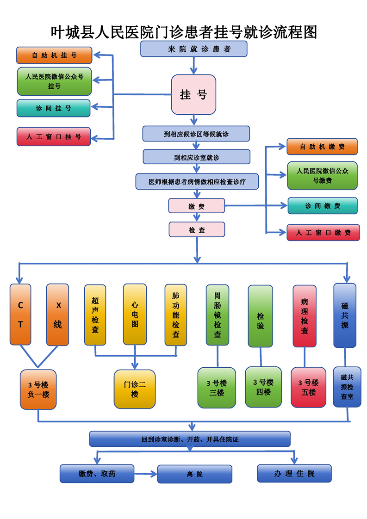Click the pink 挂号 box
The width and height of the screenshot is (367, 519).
[193, 94]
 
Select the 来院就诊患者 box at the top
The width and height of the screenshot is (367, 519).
[193, 49]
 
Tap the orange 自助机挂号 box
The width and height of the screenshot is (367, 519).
[54, 55]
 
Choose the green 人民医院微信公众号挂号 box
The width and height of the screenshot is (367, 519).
[54, 81]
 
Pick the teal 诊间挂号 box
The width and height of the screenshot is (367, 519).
[54, 108]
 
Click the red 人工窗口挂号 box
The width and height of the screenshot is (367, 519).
[54, 136]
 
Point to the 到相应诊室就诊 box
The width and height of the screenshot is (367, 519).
[196, 157]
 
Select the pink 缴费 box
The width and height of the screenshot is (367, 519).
[196, 206]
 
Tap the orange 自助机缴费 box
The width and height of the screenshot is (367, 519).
[322, 147]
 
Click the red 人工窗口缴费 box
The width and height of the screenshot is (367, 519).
[323, 232]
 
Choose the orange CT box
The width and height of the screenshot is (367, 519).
[20, 315]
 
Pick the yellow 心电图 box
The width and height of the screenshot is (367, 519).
[135, 315]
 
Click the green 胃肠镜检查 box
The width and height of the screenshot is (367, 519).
[217, 315]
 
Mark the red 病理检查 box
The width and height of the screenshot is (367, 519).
[305, 316]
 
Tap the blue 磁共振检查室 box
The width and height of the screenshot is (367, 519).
[347, 387]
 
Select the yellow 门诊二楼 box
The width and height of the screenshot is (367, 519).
[135, 389]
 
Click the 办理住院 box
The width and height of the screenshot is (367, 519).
[294, 473]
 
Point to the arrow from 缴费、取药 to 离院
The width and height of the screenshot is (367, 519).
[146, 474]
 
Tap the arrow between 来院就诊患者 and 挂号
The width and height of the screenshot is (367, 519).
[194, 65]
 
